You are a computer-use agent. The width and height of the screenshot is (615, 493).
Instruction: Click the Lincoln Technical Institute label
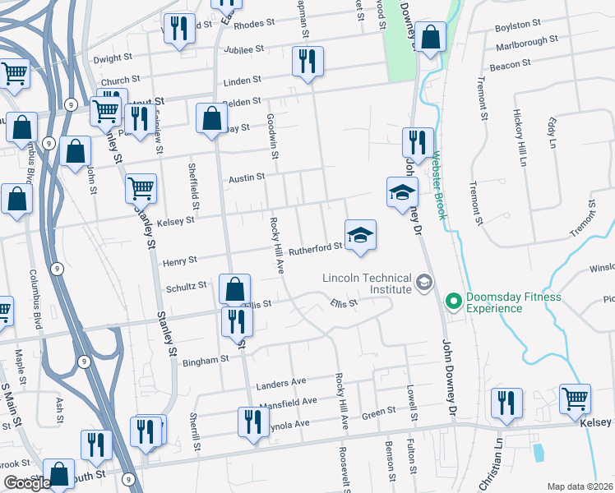pos(367,283)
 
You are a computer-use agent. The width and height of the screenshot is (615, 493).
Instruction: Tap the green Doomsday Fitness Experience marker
pos(451,302)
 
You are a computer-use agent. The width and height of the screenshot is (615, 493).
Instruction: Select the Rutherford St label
pos(316,246)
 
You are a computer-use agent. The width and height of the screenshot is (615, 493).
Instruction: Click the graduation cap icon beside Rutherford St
pos(360,236)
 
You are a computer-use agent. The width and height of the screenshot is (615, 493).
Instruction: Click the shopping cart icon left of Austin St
pos(141,188)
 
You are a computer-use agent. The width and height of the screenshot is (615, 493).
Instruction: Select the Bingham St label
pos(205,360)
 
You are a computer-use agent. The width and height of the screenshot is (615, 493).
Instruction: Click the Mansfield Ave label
pos(288,401)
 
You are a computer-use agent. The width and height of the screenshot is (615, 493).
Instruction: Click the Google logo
pos(27,483)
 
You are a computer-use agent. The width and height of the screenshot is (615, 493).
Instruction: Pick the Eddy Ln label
pos(551,131)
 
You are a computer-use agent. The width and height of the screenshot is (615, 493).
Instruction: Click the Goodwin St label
pos(271,132)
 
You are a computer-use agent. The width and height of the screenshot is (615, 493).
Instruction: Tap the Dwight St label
pos(113,59)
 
